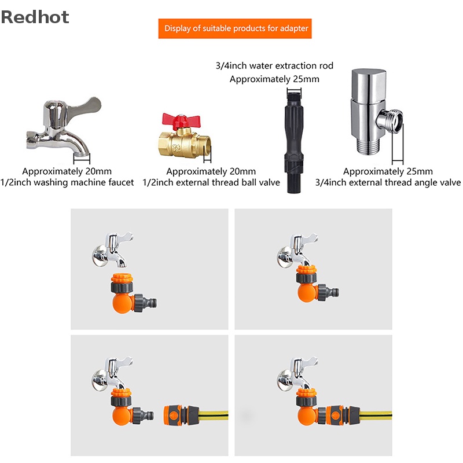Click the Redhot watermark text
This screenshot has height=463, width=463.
[35, 17]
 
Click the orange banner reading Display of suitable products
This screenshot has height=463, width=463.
[235, 28]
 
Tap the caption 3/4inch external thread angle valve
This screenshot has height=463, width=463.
[388, 182]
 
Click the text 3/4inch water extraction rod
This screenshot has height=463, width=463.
[274, 66]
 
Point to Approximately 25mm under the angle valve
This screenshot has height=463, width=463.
[388, 171]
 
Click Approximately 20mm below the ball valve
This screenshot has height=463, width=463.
[211, 171]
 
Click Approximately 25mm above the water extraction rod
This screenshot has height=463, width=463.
[274, 79]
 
